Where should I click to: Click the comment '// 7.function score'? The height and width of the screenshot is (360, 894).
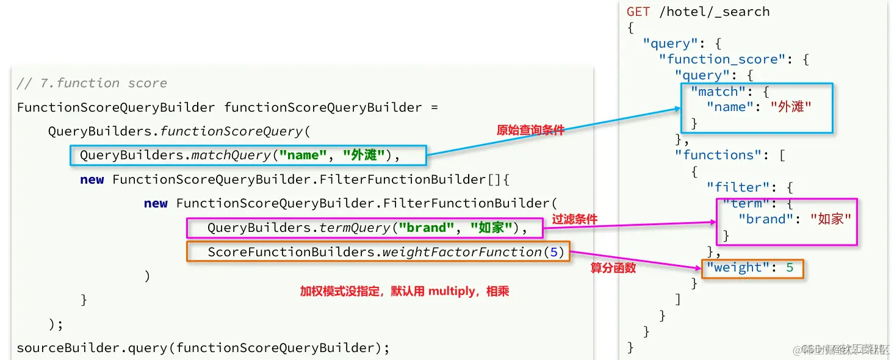pos(92,83)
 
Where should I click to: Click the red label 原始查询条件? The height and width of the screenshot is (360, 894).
pos(530,130)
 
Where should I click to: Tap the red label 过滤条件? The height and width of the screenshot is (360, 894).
pos(574,219)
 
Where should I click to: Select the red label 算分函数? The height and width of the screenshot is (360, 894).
pos(613,268)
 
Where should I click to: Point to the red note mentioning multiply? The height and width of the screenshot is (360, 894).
pos(404,292)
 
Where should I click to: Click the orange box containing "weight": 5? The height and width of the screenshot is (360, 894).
pos(752,268)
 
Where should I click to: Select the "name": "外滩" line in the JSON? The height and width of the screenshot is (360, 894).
pos(759,107)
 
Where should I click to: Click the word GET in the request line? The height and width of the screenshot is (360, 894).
pos(638,12)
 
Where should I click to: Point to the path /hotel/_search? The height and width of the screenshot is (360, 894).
pos(714,12)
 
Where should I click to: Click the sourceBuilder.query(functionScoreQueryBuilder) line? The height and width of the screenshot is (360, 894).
pos(203,348)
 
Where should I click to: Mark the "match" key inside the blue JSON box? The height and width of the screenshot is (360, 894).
pos(714,92)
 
